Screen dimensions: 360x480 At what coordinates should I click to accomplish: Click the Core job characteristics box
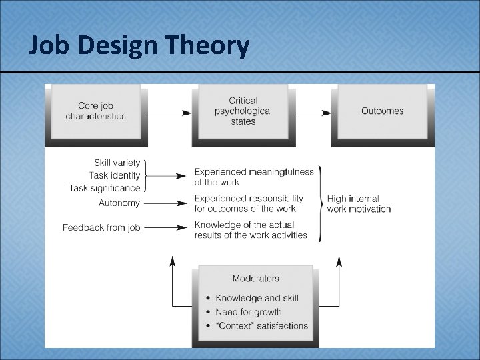coord(95,111)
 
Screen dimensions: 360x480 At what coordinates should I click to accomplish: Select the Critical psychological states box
coord(243,111)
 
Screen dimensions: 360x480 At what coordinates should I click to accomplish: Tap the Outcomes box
coord(382,111)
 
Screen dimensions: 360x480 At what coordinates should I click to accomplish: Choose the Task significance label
coord(105,188)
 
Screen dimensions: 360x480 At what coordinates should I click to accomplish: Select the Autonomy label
coord(119,203)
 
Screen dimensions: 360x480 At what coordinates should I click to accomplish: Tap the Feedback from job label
coord(101,227)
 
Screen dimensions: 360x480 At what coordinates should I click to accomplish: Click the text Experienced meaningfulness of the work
coord(253,177)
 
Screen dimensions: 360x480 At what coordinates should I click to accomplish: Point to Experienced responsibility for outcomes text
coord(249,203)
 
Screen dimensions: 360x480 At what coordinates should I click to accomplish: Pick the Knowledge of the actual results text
coord(251,229)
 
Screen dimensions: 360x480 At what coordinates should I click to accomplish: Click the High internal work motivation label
coord(359,203)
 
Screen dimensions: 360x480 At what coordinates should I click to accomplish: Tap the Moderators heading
coord(255,278)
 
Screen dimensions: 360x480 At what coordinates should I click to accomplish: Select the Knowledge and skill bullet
coord(257,298)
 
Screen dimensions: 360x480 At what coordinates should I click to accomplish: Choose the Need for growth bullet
coord(248,311)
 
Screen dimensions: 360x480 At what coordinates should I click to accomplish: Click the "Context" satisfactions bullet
coord(261,326)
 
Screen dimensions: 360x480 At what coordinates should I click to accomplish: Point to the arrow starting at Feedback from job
coord(165,227)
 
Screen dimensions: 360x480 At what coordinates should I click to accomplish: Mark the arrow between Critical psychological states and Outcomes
coord(313,113)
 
